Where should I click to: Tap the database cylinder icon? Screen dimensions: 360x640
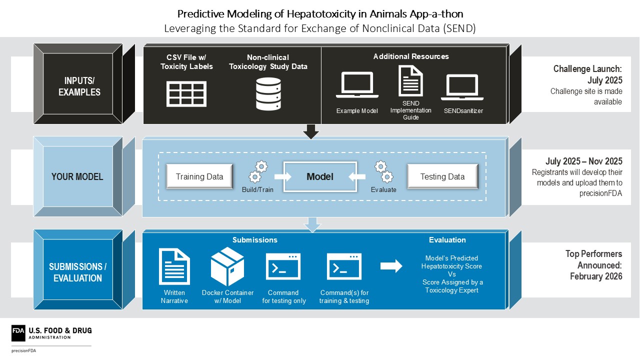pos(268,94)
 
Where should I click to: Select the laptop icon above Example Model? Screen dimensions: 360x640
pos(357,85)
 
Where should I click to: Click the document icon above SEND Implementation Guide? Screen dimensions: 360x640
pos(410,81)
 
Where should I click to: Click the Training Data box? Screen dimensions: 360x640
pos(199,176)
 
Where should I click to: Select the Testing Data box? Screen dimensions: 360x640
pos(442,176)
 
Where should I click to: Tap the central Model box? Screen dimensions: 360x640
pos(320,176)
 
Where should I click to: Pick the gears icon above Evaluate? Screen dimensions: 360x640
pos(383,171)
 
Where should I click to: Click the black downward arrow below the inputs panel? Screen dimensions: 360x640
pos(311,131)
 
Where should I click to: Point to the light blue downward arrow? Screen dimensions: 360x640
pos(312,225)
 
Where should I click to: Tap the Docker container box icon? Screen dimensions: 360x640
pos(227,266)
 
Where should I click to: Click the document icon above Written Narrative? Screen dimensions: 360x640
pos(174,266)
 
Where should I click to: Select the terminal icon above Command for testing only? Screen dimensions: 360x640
pos(283,266)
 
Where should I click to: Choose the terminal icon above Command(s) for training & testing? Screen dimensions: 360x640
pos(344,266)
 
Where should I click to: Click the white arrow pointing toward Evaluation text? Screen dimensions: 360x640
pos(391,266)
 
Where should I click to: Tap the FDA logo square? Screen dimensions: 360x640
pos(18,333)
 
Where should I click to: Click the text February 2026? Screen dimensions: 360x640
pos(596,276)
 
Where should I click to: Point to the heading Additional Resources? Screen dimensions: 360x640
pos(411,56)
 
